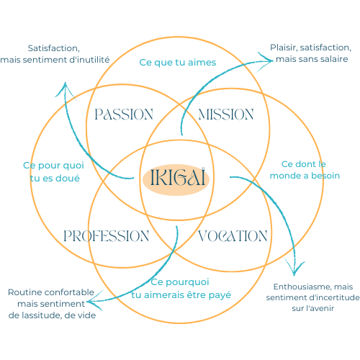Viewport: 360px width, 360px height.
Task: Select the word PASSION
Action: pyautogui.click(x=124, y=114)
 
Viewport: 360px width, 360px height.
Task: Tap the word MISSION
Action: pyautogui.click(x=225, y=114)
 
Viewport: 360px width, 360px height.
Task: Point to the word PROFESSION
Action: pyautogui.click(x=106, y=236)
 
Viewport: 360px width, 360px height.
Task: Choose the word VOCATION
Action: pyautogui.click(x=232, y=236)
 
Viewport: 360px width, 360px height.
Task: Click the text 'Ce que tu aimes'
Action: pyautogui.click(x=177, y=62)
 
